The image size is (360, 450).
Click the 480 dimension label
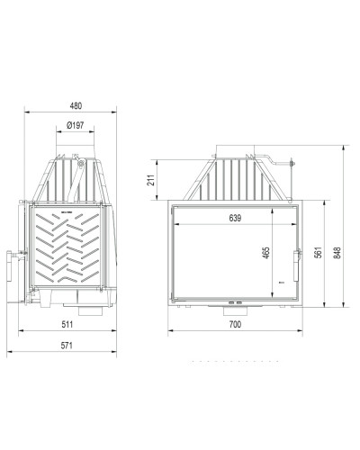pyautogui.click(x=76, y=105)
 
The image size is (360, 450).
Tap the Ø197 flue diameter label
pyautogui.click(x=76, y=125)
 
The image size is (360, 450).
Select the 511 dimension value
pyautogui.click(x=67, y=324)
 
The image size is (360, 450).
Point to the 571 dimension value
pyautogui.click(x=67, y=346)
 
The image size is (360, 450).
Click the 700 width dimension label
pyautogui.click(x=235, y=324)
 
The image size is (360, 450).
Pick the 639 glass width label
pyautogui.click(x=235, y=218)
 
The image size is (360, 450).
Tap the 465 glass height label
pyautogui.click(x=266, y=253)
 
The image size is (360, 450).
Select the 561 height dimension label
pyautogui.click(x=319, y=252)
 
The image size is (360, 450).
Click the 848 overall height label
pyautogui.click(x=337, y=253)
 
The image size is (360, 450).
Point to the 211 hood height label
pyautogui.click(x=152, y=180)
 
